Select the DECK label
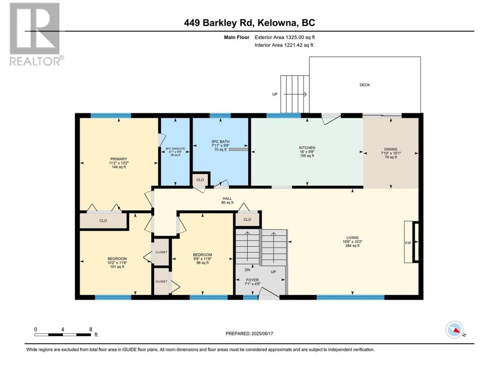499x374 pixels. (x=365, y=85)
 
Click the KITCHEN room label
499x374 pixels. (x=307, y=148)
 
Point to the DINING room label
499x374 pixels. (x=391, y=149)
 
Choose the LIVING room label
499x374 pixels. (x=352, y=238)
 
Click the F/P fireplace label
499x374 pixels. (x=408, y=243)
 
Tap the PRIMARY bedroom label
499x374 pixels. (x=119, y=159)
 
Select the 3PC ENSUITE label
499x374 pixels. (x=175, y=149)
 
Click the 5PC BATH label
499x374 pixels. (x=220, y=141)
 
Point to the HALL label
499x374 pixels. (x=227, y=198)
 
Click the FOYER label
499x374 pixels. (x=252, y=280)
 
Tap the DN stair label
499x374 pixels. (x=247, y=270)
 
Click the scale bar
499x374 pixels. (x=63, y=335)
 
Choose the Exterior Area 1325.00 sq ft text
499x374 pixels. (x=285, y=37)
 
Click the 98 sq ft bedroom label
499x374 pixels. (x=202, y=263)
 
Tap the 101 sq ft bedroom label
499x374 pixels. (x=117, y=266)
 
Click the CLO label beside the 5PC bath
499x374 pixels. (x=200, y=180)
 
